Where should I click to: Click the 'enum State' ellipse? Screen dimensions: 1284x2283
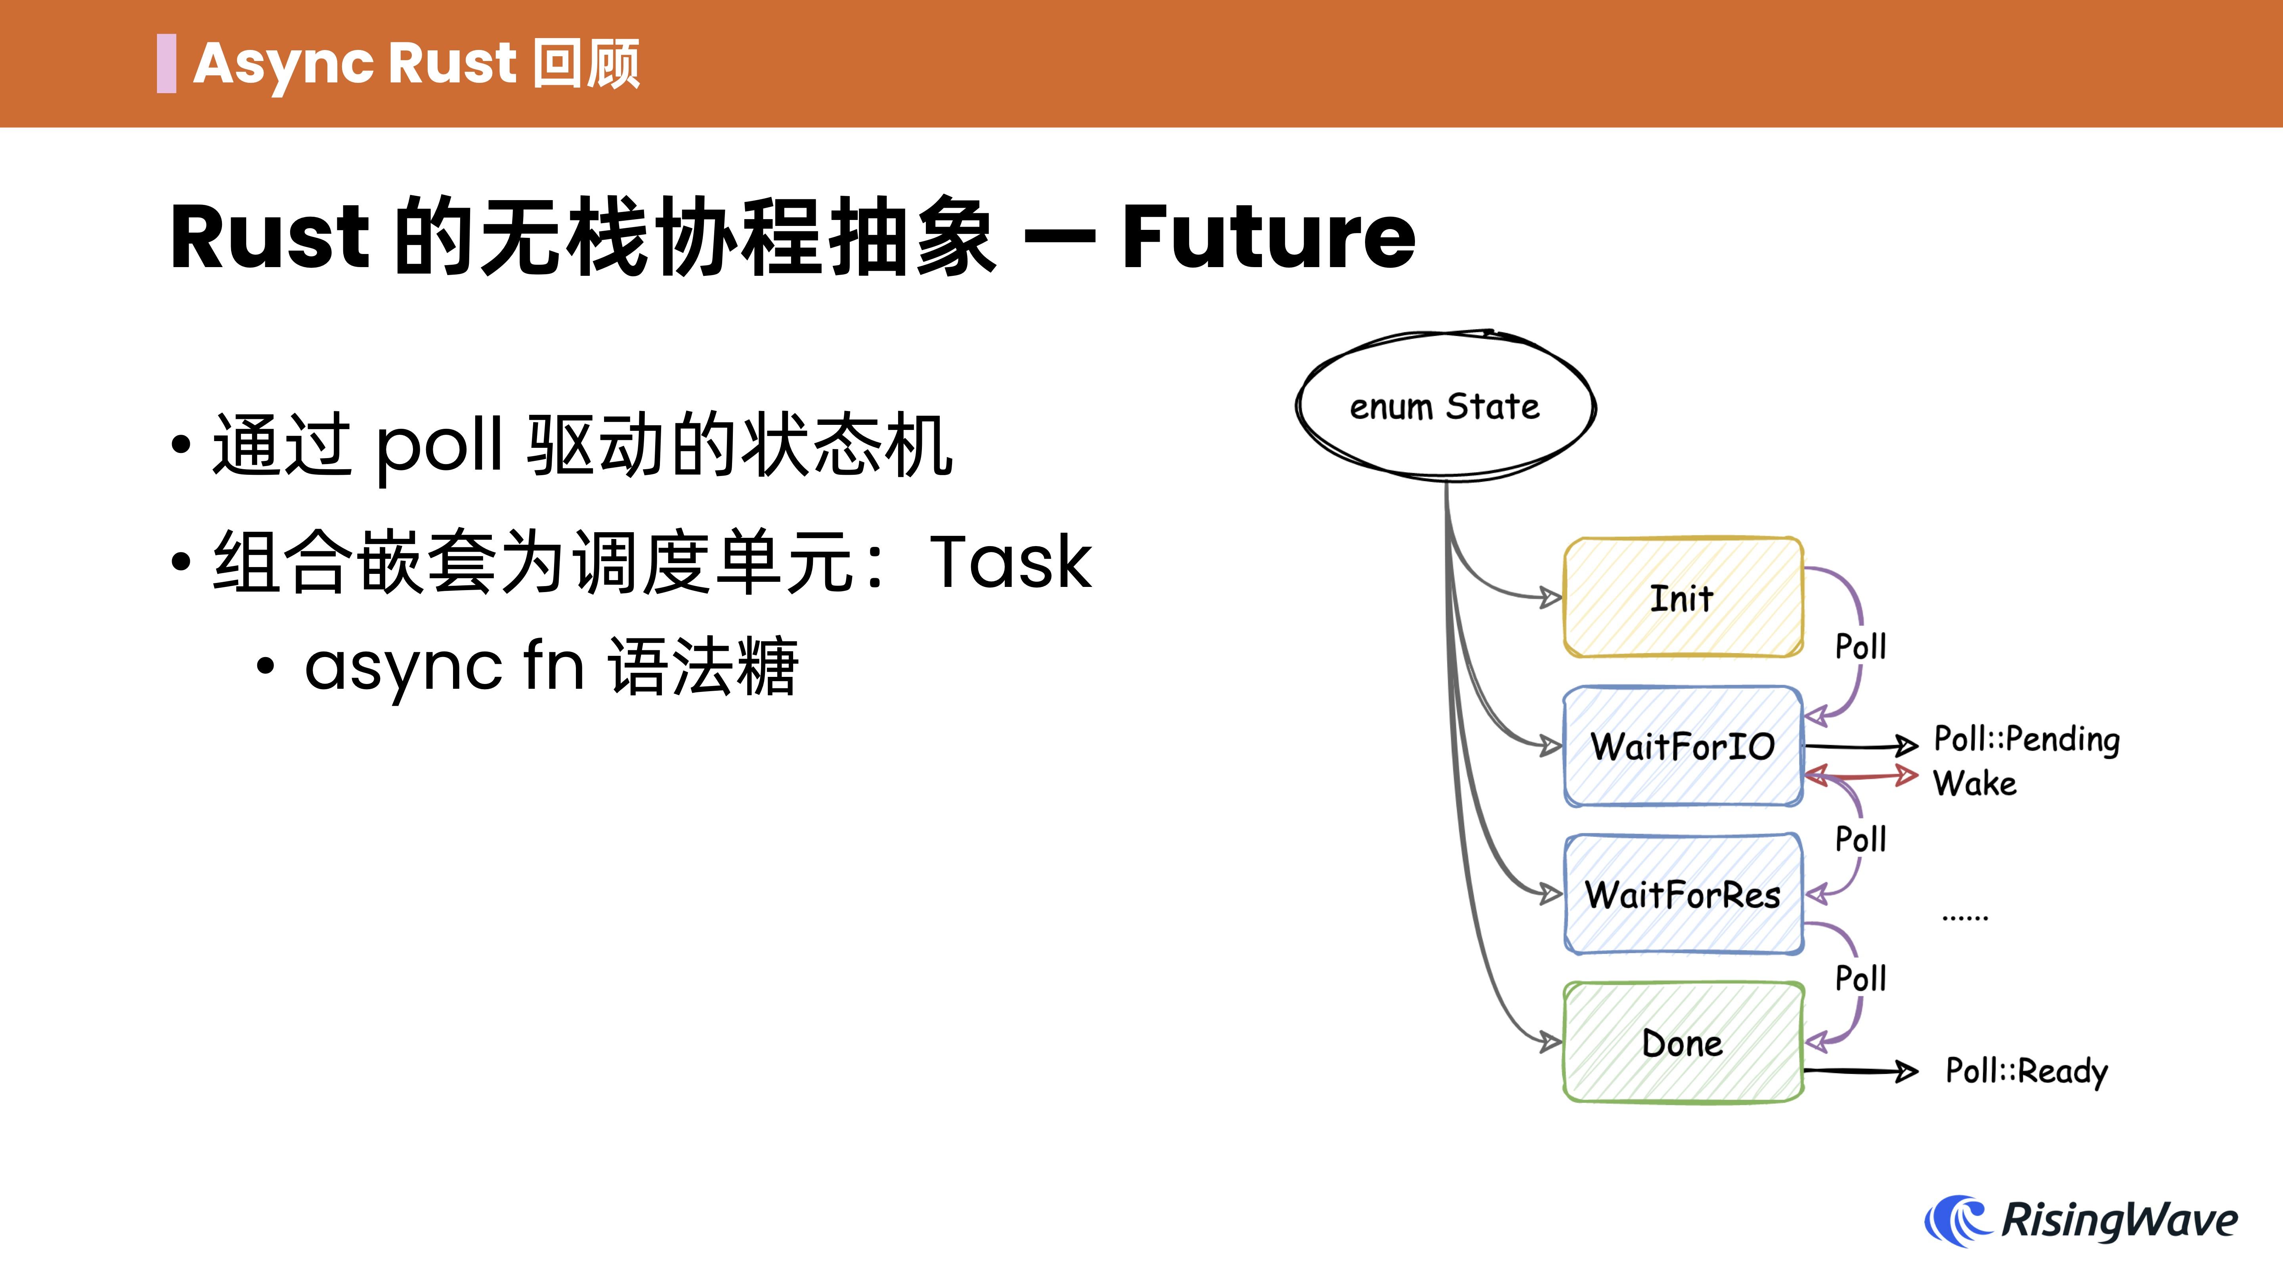click(1445, 407)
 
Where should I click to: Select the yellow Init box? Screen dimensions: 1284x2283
click(1682, 598)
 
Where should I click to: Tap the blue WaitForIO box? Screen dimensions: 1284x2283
click(1682, 746)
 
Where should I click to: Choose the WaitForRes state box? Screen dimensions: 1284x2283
click(1682, 894)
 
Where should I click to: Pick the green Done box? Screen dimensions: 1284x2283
click(1682, 1043)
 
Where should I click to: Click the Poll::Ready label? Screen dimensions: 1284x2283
click(2026, 1071)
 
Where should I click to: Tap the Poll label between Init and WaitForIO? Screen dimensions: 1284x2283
click(1860, 647)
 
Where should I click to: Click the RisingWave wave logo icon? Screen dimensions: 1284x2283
click(1957, 1220)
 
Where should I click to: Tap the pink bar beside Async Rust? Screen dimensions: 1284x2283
click(166, 64)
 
